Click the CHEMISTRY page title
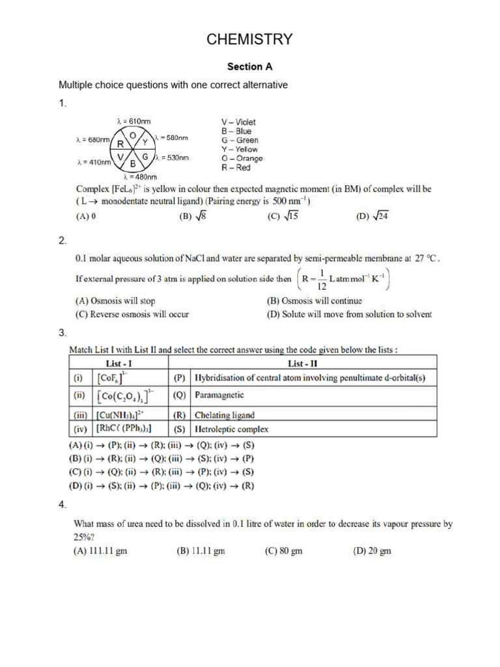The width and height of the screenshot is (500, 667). click(x=249, y=40)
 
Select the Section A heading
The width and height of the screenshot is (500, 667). click(x=249, y=66)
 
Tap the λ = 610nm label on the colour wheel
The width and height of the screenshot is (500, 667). click(x=133, y=121)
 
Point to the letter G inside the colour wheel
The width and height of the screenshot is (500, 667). click(x=145, y=157)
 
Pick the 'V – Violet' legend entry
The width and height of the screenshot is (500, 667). click(x=239, y=122)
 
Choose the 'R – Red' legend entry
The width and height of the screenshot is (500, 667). click(x=236, y=167)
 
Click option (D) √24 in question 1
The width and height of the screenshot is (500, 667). click(x=372, y=218)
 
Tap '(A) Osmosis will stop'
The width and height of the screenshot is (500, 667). click(x=116, y=301)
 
